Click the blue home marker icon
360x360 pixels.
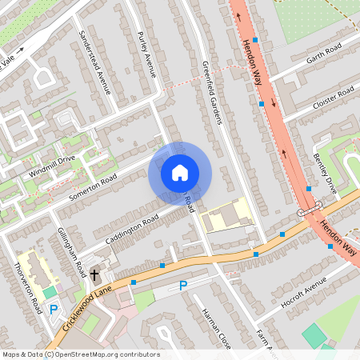click(180, 173)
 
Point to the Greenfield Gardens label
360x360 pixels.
click(211, 92)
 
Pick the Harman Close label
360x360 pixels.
click(216, 328)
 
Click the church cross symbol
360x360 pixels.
click(94, 275)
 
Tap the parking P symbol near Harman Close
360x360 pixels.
click(183, 286)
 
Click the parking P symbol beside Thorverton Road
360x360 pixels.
click(54, 309)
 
